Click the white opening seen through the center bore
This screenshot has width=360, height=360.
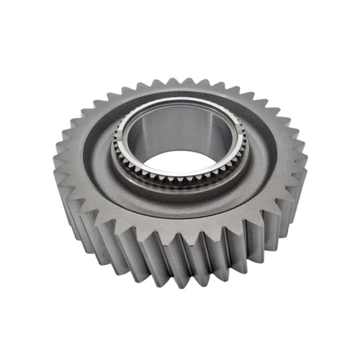click(177, 160)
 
